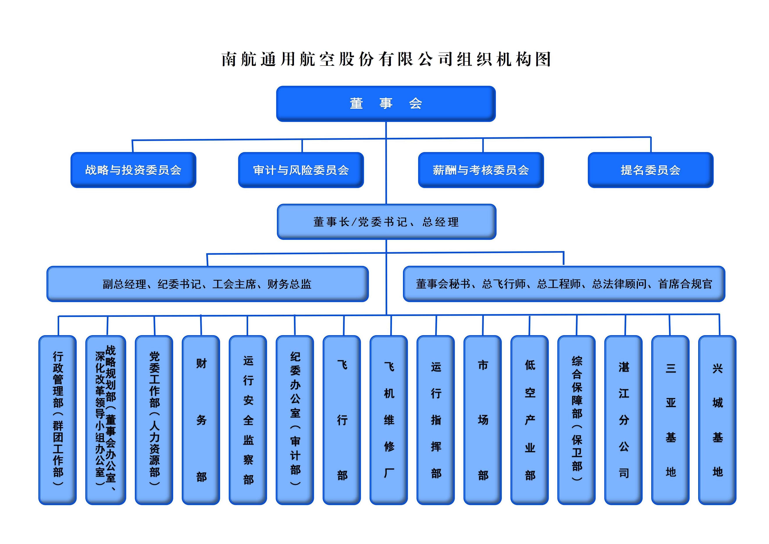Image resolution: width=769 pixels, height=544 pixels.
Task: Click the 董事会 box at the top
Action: [386, 103]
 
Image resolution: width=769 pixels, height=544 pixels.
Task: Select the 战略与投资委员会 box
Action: [133, 170]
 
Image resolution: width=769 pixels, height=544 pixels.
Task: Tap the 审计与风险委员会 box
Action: [301, 170]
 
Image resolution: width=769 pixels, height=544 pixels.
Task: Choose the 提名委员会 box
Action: [650, 170]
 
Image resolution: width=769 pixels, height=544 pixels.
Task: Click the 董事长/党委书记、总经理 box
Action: [386, 221]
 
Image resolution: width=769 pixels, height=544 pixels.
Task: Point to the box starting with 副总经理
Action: [207, 284]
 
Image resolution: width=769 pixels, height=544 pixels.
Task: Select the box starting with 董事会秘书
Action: [564, 284]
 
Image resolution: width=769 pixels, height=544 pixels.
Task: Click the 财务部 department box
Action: [201, 420]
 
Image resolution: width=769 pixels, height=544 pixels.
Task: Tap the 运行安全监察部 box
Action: [248, 420]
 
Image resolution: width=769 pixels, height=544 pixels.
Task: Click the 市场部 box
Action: [483, 420]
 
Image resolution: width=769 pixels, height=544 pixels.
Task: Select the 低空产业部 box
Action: [530, 420]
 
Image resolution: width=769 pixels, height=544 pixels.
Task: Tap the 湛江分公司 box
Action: [623, 420]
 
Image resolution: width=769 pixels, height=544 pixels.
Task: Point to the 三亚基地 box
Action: [670, 420]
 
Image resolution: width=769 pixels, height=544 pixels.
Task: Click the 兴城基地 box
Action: [717, 420]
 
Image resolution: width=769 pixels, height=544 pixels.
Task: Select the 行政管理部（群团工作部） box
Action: [58, 420]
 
